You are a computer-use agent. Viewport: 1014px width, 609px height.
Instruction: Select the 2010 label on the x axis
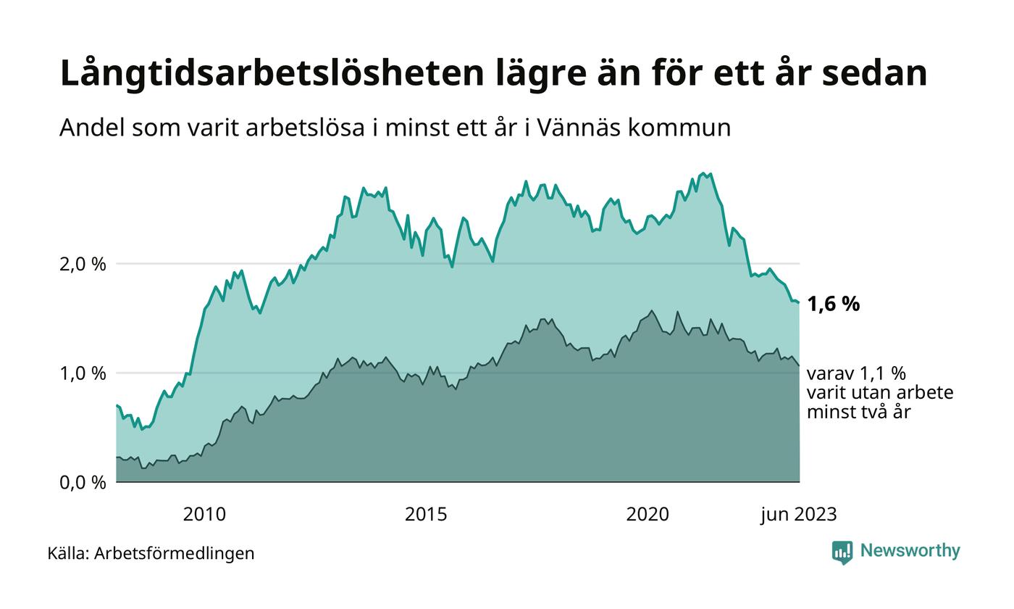point(204,515)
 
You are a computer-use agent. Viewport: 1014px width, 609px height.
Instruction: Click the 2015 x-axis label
point(426,515)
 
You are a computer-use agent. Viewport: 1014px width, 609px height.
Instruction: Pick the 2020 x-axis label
point(648,515)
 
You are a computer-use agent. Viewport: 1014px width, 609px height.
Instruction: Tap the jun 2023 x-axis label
point(799,515)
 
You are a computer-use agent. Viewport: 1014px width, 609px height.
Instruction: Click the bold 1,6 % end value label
point(833,304)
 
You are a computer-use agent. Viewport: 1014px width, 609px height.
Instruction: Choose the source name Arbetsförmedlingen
point(175,554)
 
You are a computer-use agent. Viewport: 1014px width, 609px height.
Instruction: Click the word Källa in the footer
point(68,554)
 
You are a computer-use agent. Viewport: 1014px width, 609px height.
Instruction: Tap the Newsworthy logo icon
point(842,552)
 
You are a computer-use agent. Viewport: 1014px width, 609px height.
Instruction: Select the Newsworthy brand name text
point(910,551)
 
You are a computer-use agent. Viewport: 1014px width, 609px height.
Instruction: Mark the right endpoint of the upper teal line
point(799,302)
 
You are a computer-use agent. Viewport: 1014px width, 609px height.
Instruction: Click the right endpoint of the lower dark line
point(799,365)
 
